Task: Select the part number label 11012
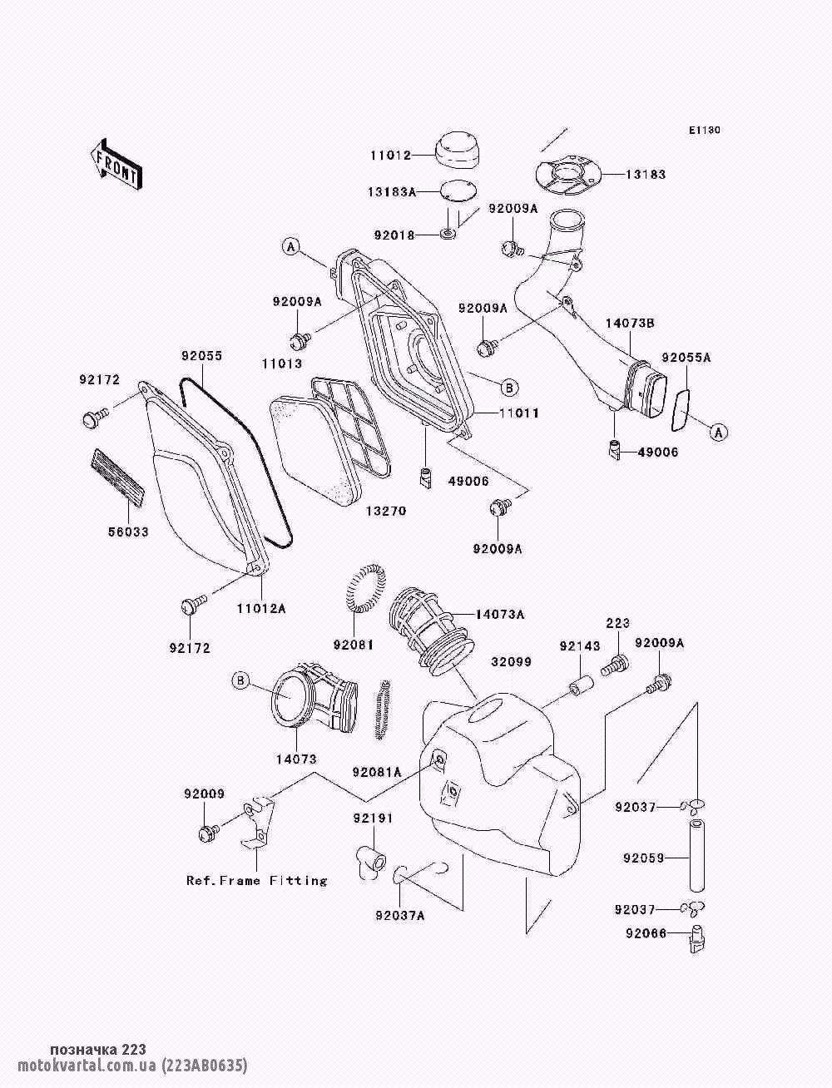390,155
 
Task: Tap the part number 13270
385,511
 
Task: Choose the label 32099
511,662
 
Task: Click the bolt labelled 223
617,664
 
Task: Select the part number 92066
646,933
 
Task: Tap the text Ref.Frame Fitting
256,881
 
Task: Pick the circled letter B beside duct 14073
240,681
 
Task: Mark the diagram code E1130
704,131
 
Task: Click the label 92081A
376,772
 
